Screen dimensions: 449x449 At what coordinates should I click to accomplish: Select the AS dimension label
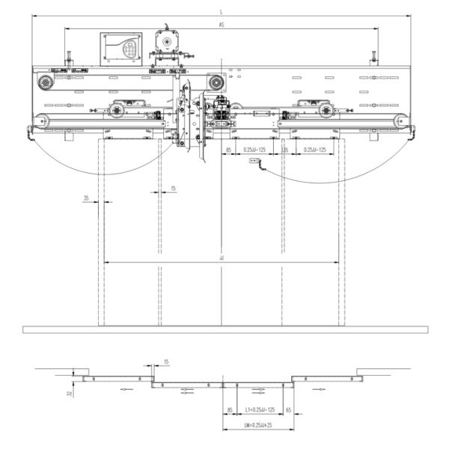(222, 25)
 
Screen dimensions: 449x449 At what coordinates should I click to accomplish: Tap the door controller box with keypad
(121, 49)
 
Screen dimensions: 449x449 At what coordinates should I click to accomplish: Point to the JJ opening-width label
(222, 258)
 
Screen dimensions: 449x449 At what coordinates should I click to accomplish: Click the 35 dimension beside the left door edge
(86, 198)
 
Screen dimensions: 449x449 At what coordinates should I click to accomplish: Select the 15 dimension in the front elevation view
(173, 188)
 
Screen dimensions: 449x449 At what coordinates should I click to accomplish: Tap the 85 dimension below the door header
(228, 150)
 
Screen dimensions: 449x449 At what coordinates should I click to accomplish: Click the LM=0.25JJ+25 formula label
(257, 425)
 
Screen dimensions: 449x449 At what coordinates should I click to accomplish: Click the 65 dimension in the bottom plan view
(289, 411)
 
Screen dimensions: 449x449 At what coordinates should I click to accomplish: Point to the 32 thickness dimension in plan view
(69, 392)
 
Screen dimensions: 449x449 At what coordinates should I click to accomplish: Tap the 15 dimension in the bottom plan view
(165, 362)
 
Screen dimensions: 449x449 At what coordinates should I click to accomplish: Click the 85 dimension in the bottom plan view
(229, 411)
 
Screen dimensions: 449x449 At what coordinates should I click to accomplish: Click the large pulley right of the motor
(216, 81)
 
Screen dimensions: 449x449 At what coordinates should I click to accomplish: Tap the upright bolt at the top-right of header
(373, 58)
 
